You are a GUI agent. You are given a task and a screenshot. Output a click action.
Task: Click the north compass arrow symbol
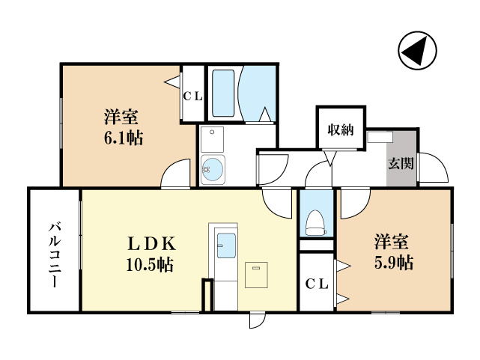416,51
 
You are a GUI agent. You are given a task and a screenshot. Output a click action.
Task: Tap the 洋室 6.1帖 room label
121,127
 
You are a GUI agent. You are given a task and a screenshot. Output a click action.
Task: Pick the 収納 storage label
340,129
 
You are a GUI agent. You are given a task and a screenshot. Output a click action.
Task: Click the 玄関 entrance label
401,164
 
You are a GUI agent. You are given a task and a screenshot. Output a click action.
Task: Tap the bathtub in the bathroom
223,94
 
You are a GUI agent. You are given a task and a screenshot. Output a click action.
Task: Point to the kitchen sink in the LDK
225,242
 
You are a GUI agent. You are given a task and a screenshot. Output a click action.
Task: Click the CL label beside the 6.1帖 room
192,95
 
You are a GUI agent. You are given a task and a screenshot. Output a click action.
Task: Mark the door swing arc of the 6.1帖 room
178,174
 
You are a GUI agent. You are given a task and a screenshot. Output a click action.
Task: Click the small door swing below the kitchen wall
257,319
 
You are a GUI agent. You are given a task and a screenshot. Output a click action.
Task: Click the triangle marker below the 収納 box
329,158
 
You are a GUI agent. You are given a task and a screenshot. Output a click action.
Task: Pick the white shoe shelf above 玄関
380,137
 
